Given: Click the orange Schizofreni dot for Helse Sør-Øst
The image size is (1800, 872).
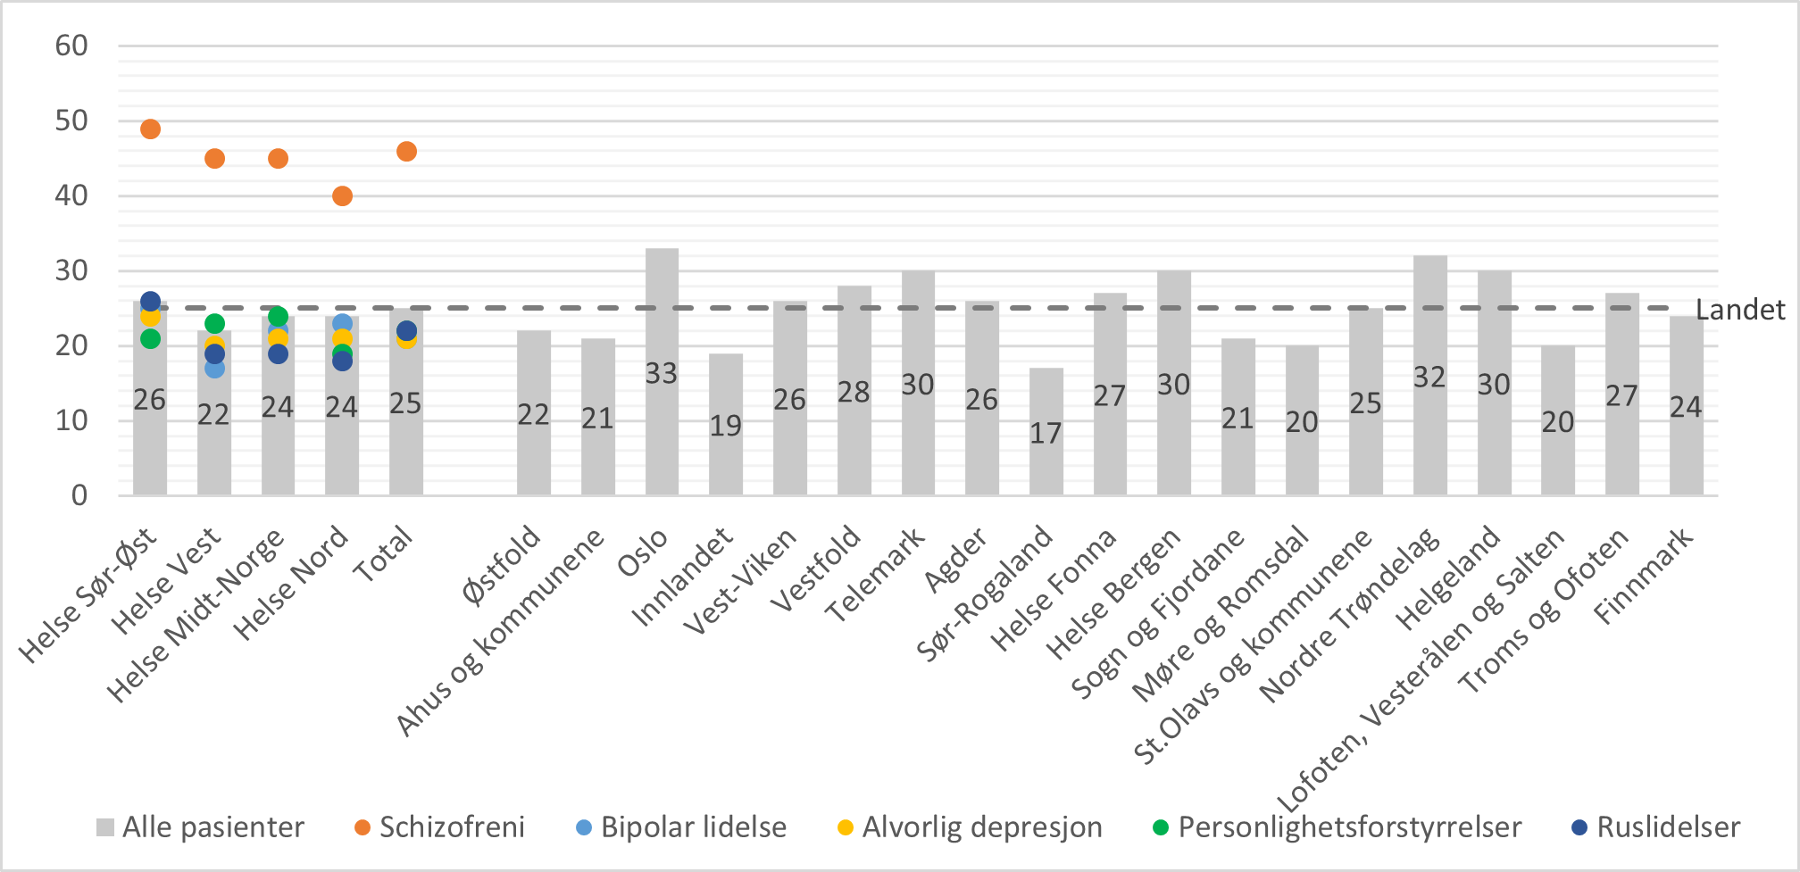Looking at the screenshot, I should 150,129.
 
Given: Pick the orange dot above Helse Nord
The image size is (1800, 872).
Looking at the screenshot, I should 342,196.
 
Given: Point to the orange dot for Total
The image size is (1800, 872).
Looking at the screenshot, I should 406,152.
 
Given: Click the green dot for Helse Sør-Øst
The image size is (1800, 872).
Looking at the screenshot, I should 150,338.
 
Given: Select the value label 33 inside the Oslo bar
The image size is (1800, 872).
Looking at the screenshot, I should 662,373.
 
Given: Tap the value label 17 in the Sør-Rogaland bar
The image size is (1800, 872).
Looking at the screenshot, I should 1046,434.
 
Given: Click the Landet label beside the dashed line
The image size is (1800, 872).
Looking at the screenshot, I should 1739,310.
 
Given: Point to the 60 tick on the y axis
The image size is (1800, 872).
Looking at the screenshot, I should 71,46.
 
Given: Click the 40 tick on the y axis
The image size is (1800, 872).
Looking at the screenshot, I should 71,195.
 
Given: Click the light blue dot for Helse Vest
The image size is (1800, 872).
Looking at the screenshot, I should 214,368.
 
